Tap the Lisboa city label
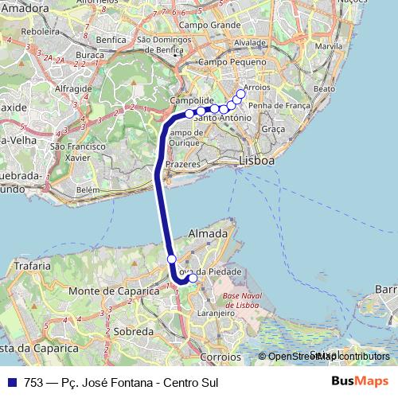pos(256,161)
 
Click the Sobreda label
pos(134,330)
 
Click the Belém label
pos(88,190)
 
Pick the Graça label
pos(273,128)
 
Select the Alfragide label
pos(76,89)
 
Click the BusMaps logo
pos(359,381)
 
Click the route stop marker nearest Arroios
pos(241,95)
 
